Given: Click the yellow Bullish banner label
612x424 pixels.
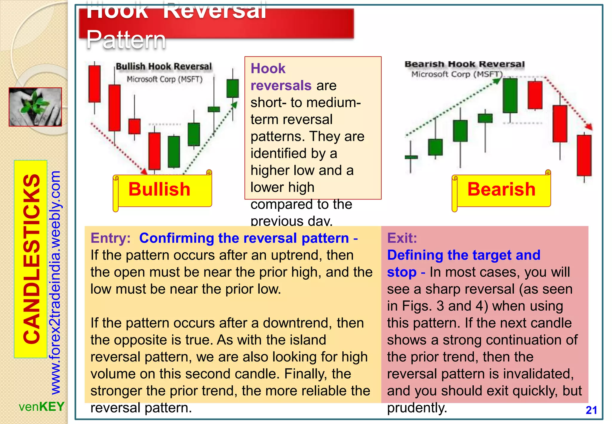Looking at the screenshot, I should [159, 190].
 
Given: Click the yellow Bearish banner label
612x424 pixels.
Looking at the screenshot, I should [501, 190].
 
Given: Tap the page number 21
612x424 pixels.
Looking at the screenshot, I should [591, 410].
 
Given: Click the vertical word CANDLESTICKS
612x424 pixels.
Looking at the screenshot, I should [31, 259].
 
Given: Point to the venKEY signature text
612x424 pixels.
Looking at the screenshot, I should [42, 407].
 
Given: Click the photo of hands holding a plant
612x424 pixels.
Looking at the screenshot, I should [35, 107].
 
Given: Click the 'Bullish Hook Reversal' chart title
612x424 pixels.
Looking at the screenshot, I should [163, 66].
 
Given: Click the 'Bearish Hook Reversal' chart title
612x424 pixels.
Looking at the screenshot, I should [464, 64].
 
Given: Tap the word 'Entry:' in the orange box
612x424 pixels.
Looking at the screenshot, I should [111, 238].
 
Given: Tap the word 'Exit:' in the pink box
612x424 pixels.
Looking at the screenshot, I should [402, 238].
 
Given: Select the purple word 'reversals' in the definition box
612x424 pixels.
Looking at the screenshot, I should [281, 86].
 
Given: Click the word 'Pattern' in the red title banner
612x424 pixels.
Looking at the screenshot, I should [126, 40].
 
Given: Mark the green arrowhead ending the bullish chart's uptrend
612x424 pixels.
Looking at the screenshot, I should [235, 105].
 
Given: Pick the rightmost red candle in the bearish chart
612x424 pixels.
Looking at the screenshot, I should [584, 155].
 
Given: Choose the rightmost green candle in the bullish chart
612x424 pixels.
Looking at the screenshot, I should [232, 88].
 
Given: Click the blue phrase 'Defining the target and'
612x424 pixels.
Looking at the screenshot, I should [463, 255].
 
